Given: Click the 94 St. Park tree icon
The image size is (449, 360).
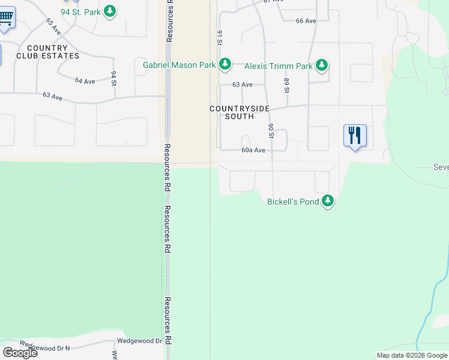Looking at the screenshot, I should click(x=109, y=11).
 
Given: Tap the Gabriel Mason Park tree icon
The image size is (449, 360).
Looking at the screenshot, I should click(x=224, y=64).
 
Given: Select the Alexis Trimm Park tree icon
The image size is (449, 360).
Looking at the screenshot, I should click(x=322, y=65).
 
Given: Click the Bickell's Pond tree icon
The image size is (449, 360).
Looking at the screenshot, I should click(x=327, y=202).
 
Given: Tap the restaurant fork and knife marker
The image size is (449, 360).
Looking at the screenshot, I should click(x=355, y=136).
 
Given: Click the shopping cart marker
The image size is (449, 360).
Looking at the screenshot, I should click(x=5, y=18).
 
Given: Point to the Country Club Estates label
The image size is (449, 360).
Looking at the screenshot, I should click(x=47, y=52).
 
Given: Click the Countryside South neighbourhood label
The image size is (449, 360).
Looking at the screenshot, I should click(x=239, y=112).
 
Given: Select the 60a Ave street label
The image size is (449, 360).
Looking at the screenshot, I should click(x=253, y=151).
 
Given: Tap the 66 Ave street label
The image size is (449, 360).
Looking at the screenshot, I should click(x=306, y=21).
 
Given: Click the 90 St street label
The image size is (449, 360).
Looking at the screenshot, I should click(x=271, y=131).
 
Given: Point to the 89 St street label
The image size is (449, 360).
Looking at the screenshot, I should click(x=287, y=86).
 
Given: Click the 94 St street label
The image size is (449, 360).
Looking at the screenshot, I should click(x=113, y=78).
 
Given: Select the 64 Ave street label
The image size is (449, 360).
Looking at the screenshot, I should click(x=85, y=81).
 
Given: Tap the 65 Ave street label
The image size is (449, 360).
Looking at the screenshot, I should click(x=53, y=26).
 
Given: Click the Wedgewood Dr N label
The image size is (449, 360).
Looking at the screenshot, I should click(x=45, y=346).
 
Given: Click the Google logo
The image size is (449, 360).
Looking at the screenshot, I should click(x=20, y=353).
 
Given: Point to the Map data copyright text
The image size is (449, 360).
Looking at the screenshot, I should click(x=412, y=355).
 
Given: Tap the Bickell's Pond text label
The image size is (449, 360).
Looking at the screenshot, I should click(x=293, y=202).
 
